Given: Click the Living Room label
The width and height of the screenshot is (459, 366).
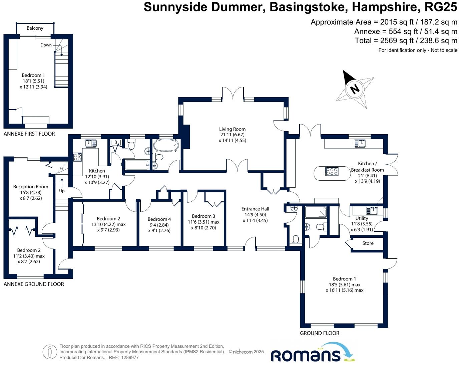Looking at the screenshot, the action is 232,129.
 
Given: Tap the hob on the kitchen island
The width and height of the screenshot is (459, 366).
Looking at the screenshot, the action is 332,172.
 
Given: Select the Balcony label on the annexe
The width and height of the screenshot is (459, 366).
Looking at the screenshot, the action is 35,28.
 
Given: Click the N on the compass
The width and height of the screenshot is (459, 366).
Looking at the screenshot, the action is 354,89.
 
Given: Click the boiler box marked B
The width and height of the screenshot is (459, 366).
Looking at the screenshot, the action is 116,143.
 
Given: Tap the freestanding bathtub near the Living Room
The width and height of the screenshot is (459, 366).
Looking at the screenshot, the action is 166,146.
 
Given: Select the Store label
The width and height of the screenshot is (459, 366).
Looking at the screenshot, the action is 368,243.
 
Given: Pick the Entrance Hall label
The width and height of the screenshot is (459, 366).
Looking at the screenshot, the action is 255,209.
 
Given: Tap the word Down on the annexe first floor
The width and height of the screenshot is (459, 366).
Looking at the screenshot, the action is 46,45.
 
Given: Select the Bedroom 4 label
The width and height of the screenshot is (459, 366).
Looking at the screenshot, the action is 159,219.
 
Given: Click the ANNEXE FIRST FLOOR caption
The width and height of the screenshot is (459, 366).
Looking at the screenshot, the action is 29,134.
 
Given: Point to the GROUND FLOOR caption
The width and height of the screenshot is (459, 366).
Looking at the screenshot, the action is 319,333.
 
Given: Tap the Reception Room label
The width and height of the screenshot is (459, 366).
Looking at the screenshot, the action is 31,187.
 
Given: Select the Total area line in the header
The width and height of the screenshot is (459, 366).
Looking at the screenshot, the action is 406,41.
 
